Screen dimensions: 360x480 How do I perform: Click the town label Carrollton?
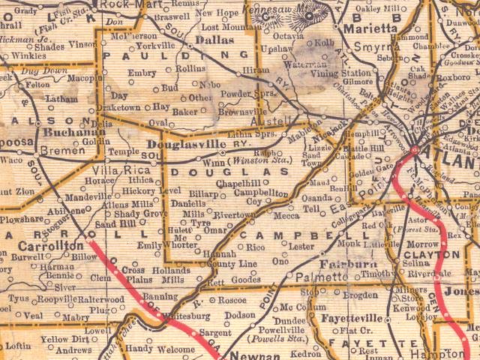51,246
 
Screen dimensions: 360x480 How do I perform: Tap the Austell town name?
277,120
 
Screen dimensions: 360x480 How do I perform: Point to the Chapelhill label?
238,182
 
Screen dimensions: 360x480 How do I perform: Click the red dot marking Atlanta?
415,151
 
